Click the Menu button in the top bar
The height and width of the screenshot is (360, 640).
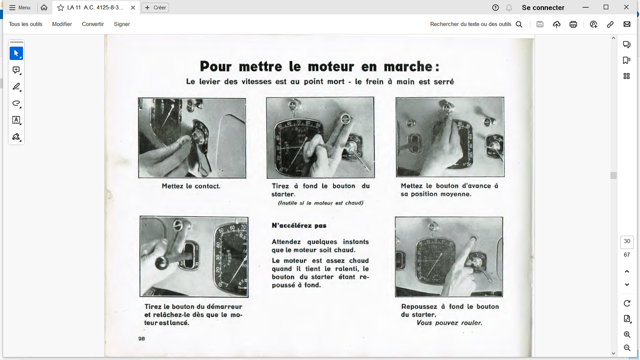[x=20, y=7]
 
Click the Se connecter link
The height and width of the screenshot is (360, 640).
[x=543, y=7]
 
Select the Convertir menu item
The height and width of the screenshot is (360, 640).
[x=93, y=24]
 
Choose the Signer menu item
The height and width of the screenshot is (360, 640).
[x=121, y=24]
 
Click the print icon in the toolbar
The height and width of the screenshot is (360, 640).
[x=573, y=24]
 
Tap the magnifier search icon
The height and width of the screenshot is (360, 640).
[x=519, y=24]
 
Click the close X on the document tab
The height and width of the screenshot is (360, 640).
[x=133, y=7]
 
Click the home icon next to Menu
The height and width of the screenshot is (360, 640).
[x=44, y=7]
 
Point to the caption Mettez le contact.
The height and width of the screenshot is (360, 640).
[x=191, y=186]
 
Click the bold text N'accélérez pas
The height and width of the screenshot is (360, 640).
[x=299, y=225]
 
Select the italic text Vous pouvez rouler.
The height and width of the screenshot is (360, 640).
[x=449, y=323]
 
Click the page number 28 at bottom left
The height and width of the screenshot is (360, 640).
[x=141, y=338]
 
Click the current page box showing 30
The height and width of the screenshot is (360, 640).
[x=626, y=241]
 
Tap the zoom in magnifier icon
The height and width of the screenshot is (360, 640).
[x=626, y=334]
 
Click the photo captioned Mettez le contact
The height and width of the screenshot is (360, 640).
[x=192, y=138]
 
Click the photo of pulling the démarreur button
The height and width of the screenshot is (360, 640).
[x=193, y=256]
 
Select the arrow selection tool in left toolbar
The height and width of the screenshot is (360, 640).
[x=16, y=53]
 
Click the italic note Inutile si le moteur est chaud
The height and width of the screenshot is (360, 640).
[x=320, y=203]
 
